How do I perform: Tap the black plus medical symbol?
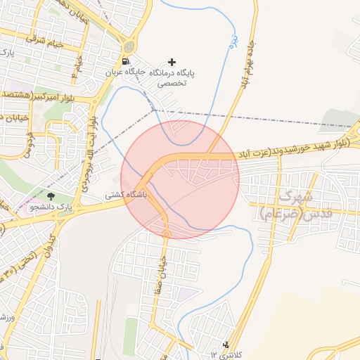click(172, 63)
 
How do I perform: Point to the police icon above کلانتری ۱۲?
click(226, 345)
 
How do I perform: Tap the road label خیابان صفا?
click(158, 271)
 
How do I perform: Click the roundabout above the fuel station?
click(128, 46)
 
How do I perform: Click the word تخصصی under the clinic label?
click(170, 83)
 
